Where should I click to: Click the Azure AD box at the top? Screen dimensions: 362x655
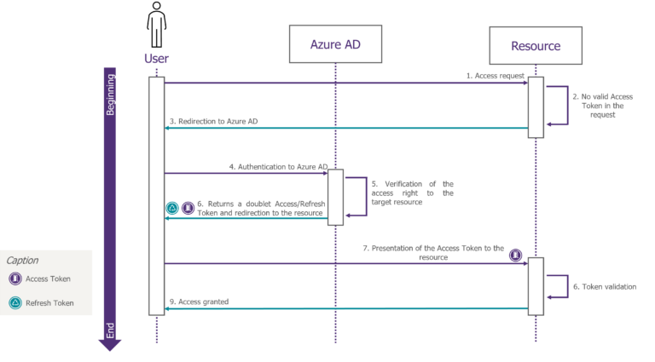click(x=334, y=43)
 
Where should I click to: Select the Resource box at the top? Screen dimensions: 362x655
click(x=536, y=45)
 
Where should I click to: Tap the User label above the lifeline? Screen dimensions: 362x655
click(x=156, y=59)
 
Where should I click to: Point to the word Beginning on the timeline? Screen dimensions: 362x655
click(x=110, y=95)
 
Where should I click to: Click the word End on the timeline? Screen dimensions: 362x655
click(x=110, y=330)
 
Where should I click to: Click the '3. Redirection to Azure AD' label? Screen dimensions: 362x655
click(x=214, y=122)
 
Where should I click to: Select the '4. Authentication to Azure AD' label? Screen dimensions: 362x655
click(x=278, y=167)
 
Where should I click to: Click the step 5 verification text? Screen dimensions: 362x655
click(x=412, y=193)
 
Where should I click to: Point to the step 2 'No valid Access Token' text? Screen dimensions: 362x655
click(x=602, y=106)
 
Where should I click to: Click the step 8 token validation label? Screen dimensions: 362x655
click(x=604, y=286)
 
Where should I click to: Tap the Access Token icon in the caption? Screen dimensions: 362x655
click(x=14, y=279)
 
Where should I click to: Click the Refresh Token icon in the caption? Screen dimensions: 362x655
click(x=14, y=302)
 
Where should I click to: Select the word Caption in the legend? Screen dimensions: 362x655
click(x=22, y=260)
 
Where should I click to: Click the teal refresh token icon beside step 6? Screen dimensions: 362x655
click(x=171, y=208)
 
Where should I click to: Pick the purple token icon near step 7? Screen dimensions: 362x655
click(x=515, y=255)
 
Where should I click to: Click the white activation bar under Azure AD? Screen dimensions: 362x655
click(x=335, y=198)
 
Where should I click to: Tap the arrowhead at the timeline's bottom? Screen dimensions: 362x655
click(x=110, y=345)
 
